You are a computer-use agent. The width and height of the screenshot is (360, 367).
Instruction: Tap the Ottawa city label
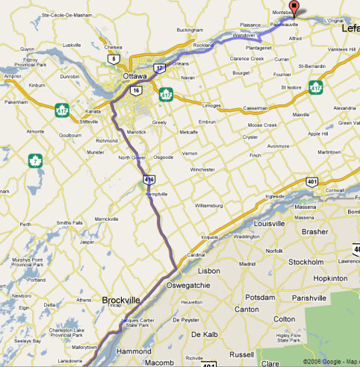pos(135,76)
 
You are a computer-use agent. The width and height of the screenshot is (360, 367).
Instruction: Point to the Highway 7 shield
pos(33,160)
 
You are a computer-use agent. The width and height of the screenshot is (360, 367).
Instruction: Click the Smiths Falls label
pos(69,222)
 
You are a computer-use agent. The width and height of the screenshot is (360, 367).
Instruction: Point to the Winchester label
pos(202,169)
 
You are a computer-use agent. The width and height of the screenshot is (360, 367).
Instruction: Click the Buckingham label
pos(190,30)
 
